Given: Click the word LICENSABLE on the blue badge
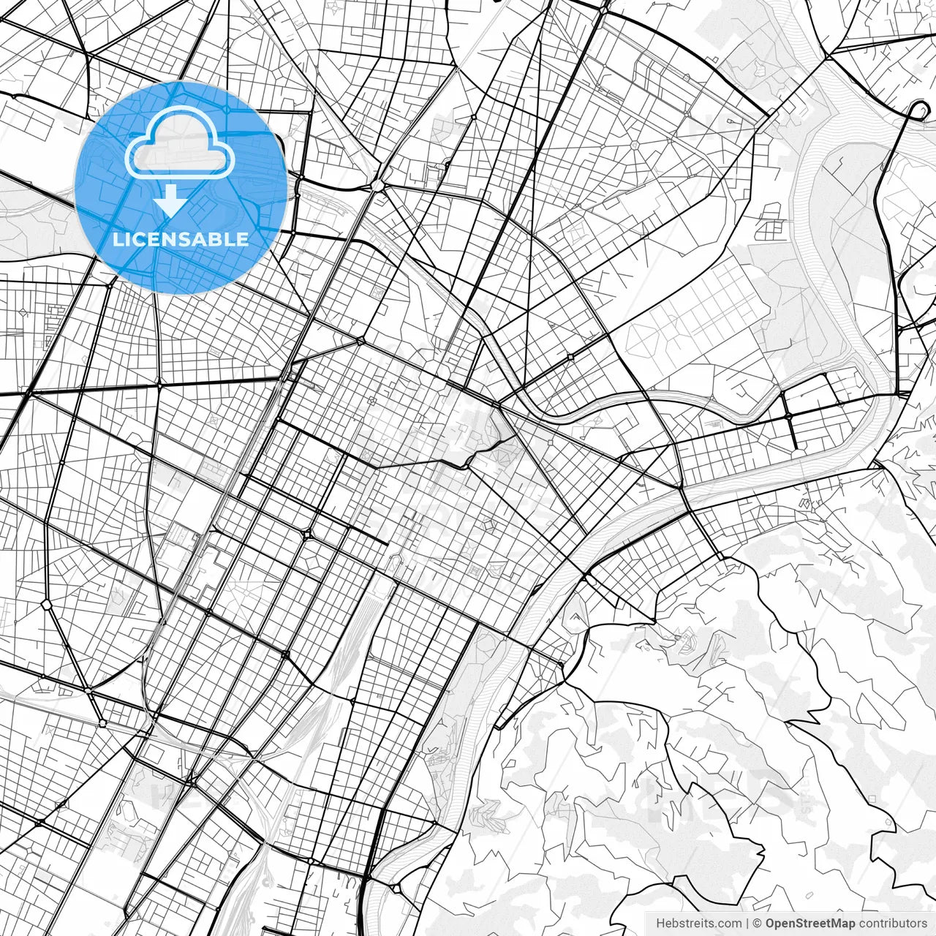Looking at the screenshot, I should click(181, 239).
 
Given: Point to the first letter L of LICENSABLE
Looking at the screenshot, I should click(117, 239).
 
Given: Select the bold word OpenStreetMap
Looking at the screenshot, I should click(810, 923).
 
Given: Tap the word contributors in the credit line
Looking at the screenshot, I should click(893, 923).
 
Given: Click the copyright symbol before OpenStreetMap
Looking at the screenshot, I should click(758, 923).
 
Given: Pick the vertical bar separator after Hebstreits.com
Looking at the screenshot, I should click(747, 923).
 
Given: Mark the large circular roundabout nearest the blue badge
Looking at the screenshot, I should click(377, 186).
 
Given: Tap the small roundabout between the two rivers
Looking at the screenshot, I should click(789, 415).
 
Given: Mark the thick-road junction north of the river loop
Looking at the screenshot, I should click(827, 56).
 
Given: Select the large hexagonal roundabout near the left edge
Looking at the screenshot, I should click(47, 604).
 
